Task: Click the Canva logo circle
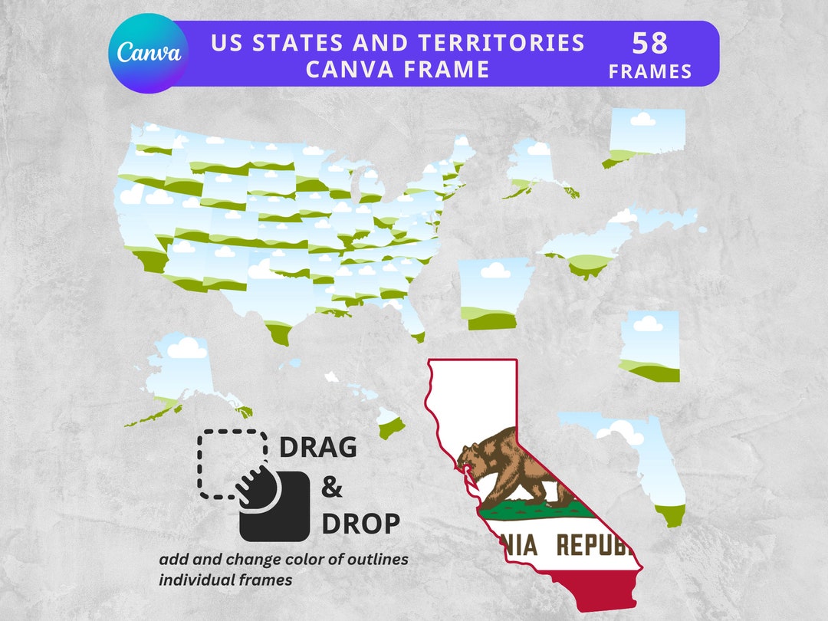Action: (149, 53)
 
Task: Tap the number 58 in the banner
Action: (650, 44)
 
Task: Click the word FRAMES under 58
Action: (650, 72)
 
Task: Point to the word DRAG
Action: (317, 447)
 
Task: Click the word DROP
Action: (360, 524)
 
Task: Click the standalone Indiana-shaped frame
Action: (649, 345)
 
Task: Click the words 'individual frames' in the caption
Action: (225, 580)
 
